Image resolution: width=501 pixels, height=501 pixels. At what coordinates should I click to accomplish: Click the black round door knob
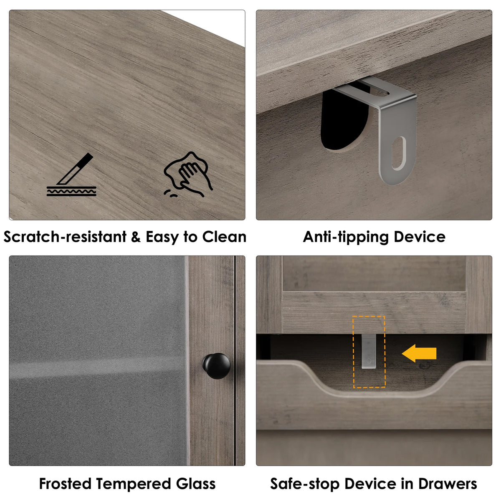click(216, 366)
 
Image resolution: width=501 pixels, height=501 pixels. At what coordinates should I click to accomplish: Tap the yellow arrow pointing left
click(419, 353)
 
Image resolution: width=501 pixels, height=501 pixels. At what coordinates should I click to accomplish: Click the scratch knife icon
click(71, 174)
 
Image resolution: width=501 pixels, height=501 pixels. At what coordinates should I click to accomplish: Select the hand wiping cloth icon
click(188, 174)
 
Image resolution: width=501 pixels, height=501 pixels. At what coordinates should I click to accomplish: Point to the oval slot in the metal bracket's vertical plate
click(399, 153)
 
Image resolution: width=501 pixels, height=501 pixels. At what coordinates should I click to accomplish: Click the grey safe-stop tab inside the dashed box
click(369, 351)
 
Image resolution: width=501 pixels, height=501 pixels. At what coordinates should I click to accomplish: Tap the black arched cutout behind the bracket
click(343, 118)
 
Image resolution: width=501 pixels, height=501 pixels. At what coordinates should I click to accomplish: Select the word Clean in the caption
click(224, 237)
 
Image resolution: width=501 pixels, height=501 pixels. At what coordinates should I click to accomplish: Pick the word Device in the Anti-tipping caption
click(419, 237)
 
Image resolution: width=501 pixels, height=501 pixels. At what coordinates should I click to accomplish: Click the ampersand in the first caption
click(136, 237)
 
